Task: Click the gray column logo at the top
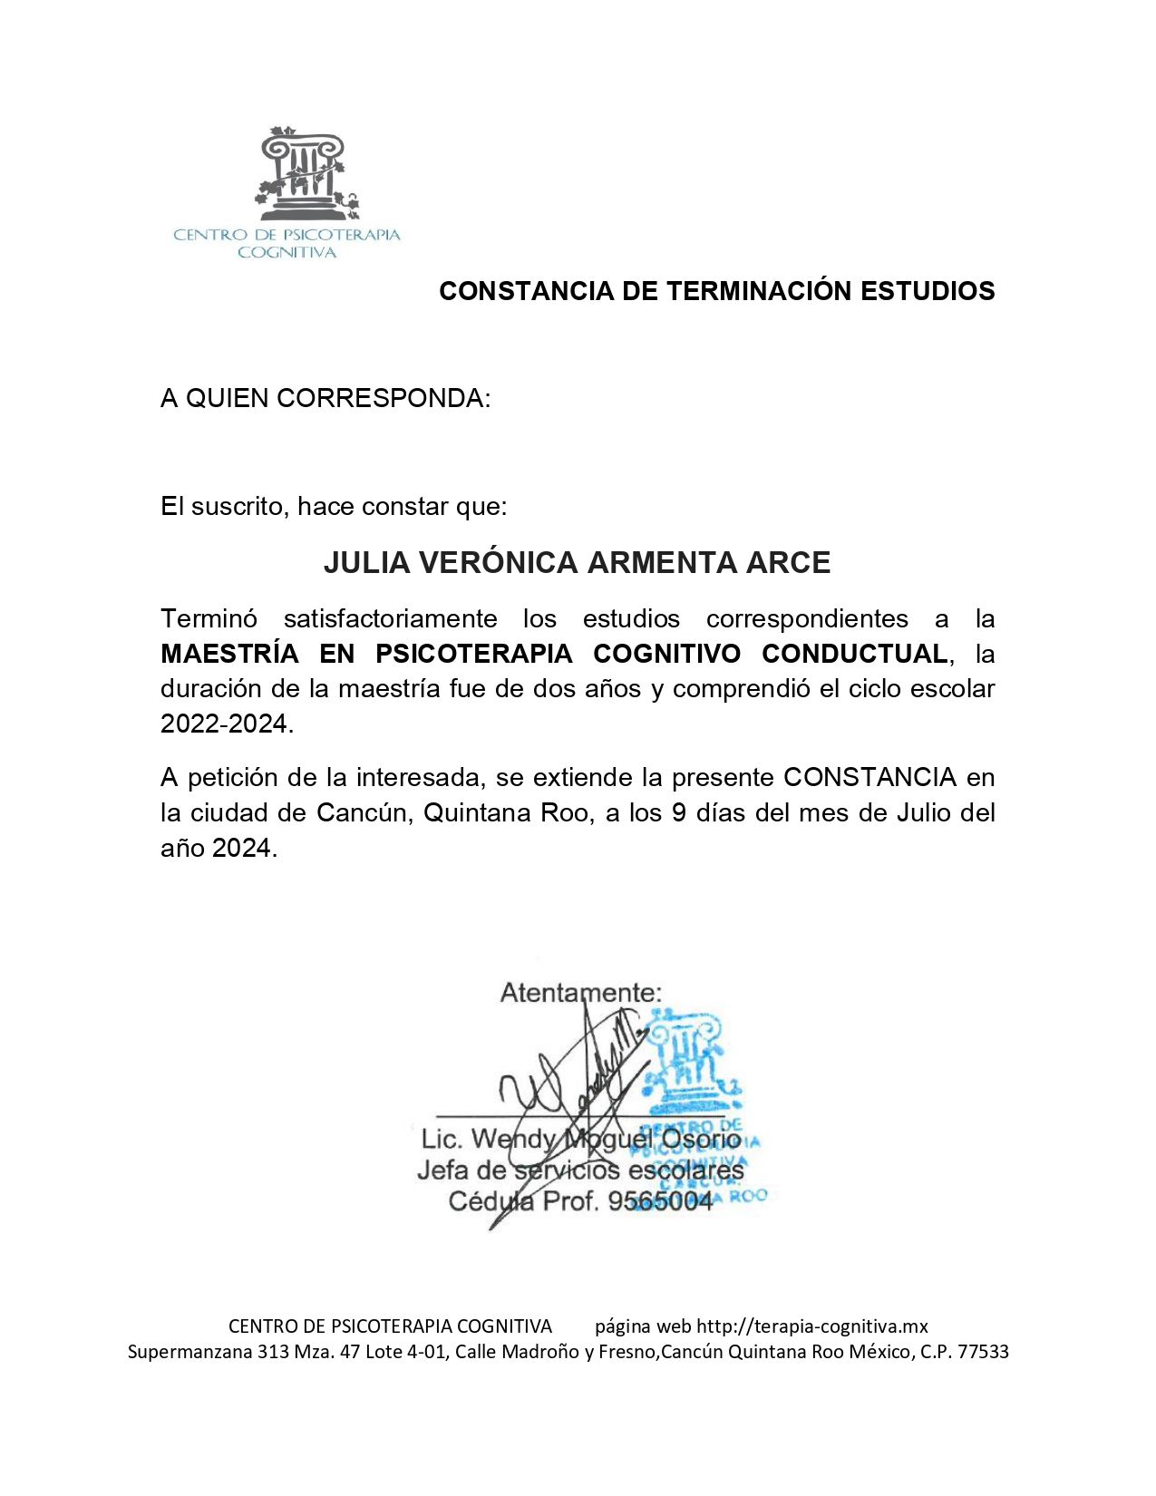click(306, 174)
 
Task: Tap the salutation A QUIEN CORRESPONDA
click(325, 398)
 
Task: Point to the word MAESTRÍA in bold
click(229, 654)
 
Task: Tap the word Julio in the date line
click(923, 812)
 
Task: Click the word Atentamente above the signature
click(580, 993)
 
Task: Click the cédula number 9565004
click(660, 1201)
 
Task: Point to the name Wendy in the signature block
click(513, 1139)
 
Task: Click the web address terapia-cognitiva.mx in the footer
click(811, 1326)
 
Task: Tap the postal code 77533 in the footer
click(983, 1351)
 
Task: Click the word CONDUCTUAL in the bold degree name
click(854, 654)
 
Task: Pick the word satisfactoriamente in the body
click(390, 618)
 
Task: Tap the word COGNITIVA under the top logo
click(287, 253)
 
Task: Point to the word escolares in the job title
click(685, 1171)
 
